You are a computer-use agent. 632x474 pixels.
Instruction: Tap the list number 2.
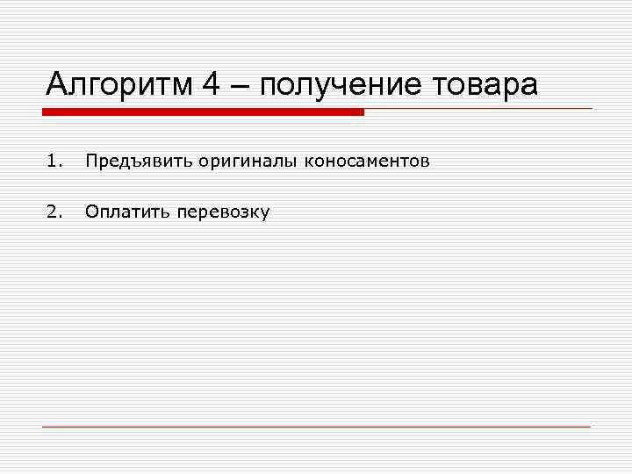click(x=54, y=212)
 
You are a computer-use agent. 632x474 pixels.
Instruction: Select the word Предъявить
click(x=139, y=162)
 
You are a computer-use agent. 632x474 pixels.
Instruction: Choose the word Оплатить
click(x=128, y=212)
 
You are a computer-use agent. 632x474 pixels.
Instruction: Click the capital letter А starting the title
click(x=58, y=85)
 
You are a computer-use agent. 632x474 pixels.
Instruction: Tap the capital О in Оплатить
click(x=90, y=212)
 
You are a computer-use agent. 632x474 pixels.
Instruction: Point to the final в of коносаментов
click(x=425, y=162)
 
